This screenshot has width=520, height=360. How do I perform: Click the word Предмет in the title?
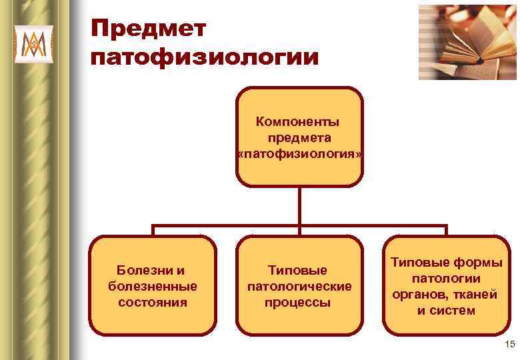click(149, 30)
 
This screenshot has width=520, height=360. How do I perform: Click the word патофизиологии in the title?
click(205, 57)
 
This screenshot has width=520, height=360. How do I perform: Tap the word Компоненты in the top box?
click(297, 122)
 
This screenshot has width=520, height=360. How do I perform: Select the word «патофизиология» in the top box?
click(300, 154)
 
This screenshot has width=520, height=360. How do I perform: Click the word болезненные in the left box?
click(152, 286)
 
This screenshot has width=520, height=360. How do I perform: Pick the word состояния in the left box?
click(152, 302)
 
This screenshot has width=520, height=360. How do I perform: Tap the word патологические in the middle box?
click(299, 286)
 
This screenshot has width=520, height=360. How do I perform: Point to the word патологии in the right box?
click(446, 278)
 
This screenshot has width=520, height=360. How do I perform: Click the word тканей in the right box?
click(475, 294)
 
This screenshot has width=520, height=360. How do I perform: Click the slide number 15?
click(509, 344)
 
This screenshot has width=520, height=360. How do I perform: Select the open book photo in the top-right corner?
click(467, 41)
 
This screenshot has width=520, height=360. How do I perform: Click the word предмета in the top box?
click(299, 138)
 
